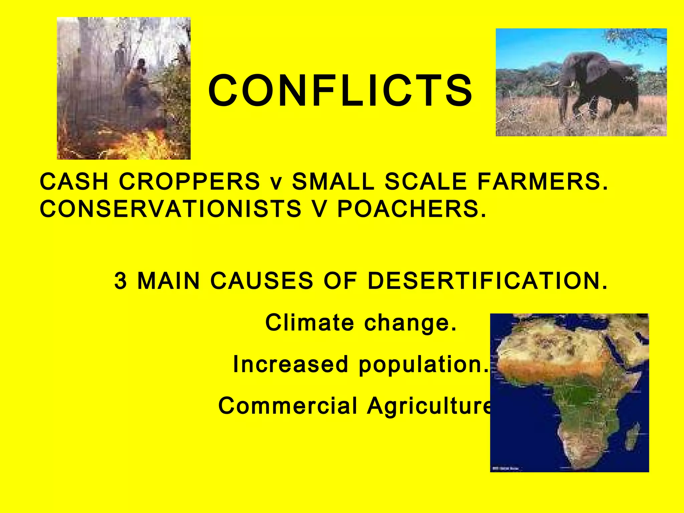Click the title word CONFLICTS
(x=340, y=91)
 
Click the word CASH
(x=74, y=182)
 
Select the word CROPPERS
(x=189, y=182)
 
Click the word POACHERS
(x=411, y=209)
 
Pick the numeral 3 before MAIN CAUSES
(x=121, y=281)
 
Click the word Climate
(x=309, y=323)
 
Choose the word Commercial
(x=288, y=406)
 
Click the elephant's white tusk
(x=553, y=84)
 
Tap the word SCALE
(x=425, y=182)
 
